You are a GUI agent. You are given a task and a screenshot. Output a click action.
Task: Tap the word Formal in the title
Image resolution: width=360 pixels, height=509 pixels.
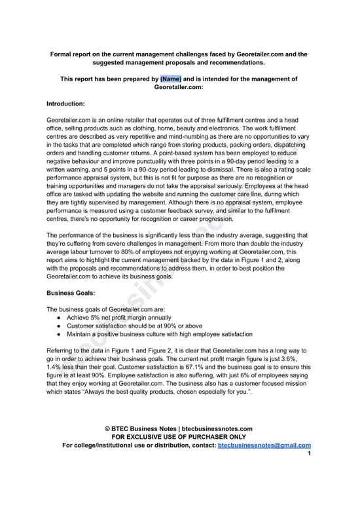[64, 53]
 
